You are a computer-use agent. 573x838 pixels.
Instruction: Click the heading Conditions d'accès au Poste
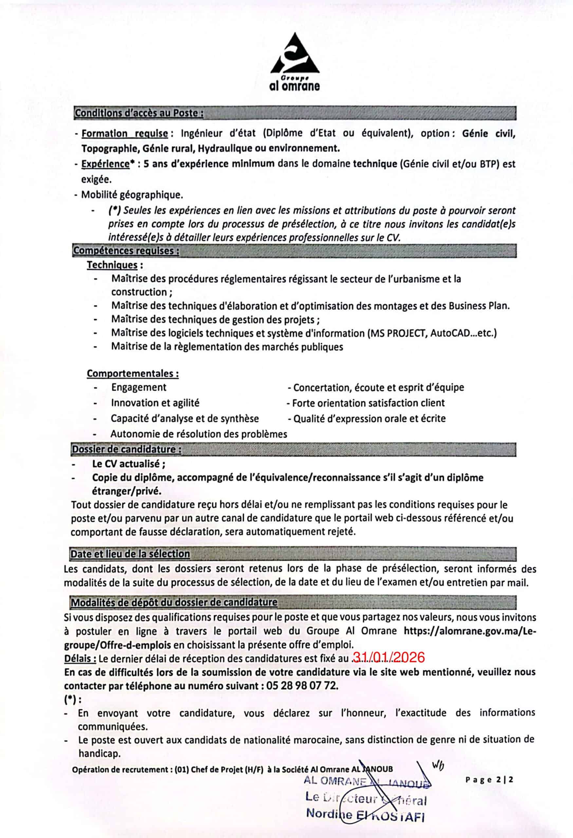139,113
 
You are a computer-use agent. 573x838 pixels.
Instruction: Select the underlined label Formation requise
124,134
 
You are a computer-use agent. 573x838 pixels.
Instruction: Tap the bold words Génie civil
488,134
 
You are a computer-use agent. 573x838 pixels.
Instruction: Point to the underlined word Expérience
105,164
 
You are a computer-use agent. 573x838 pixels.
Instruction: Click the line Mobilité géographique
132,195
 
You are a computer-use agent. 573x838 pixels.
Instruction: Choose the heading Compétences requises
126,251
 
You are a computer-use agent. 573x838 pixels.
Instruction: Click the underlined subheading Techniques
112,265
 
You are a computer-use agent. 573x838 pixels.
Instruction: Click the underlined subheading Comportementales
132,373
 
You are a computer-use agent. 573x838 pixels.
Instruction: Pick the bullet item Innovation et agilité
155,403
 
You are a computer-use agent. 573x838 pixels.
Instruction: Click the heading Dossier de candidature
126,449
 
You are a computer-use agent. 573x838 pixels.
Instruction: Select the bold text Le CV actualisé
129,464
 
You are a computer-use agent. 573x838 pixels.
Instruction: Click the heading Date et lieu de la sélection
130,554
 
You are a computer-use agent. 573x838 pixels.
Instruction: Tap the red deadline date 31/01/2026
388,658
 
